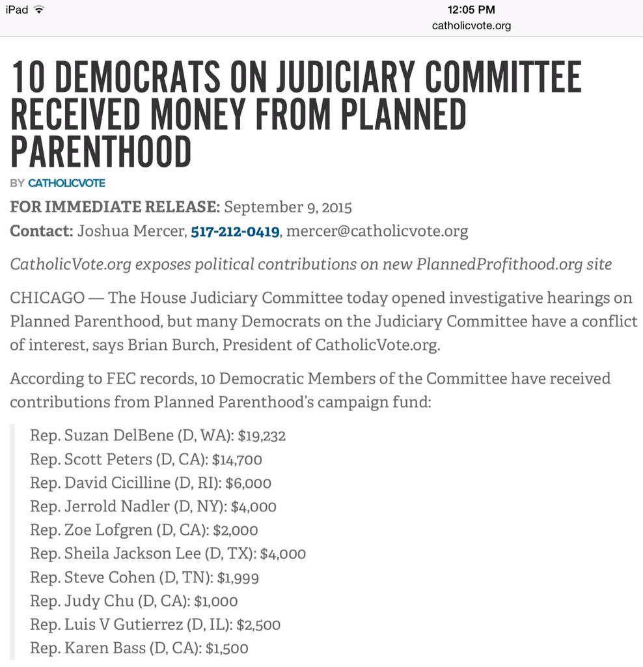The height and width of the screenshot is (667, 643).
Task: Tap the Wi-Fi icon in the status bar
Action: coord(40,10)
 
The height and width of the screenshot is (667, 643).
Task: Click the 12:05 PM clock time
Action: coord(471,10)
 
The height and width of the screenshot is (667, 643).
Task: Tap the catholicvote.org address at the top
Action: coord(471,25)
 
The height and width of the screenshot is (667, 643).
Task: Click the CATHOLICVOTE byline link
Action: coord(66,183)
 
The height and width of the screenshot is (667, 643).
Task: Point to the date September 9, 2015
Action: coord(288,208)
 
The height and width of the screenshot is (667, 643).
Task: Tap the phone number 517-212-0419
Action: coord(235,231)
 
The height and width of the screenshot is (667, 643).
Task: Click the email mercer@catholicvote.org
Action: coord(377,231)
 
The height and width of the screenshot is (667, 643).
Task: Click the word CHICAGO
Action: coord(47,298)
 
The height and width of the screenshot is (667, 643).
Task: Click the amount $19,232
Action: coord(262,436)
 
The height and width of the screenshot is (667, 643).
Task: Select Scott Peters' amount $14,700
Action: coord(237,459)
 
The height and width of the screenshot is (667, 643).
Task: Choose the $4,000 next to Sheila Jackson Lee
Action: coord(282,554)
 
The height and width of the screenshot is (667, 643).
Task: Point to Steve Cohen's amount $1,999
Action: coord(238,577)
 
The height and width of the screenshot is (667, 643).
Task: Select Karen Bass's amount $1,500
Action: coord(226,648)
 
